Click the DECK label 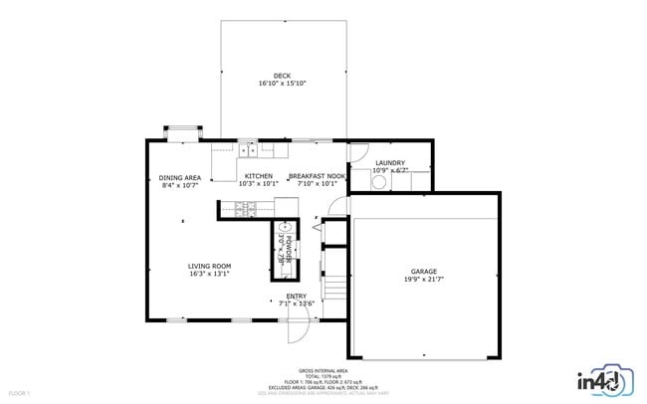tap(282, 76)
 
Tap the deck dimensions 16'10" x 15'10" tap(282, 84)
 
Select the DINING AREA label tap(180, 177)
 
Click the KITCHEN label tap(259, 175)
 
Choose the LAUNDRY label tap(389, 162)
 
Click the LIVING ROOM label tap(209, 266)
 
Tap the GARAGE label tap(424, 271)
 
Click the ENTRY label tap(297, 296)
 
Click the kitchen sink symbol tap(247, 150)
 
